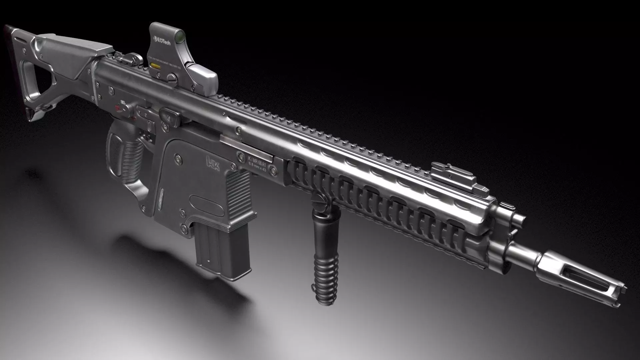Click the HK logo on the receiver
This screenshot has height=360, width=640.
pos(213,165)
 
